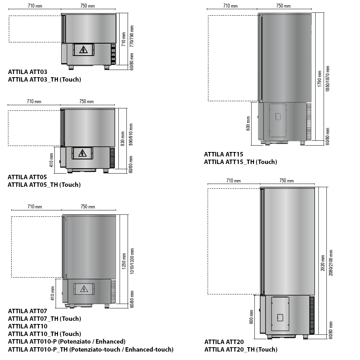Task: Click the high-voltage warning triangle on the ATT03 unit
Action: (x=83, y=50)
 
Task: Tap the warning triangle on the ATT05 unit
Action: (x=82, y=153)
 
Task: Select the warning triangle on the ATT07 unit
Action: (x=84, y=289)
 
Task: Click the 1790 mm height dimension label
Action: (x=319, y=79)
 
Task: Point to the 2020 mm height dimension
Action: (x=322, y=263)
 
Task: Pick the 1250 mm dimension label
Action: (x=124, y=261)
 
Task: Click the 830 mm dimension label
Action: (x=123, y=139)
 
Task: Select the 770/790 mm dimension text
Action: (x=132, y=36)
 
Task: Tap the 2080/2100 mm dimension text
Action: (x=331, y=263)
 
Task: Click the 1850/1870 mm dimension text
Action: (x=328, y=79)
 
